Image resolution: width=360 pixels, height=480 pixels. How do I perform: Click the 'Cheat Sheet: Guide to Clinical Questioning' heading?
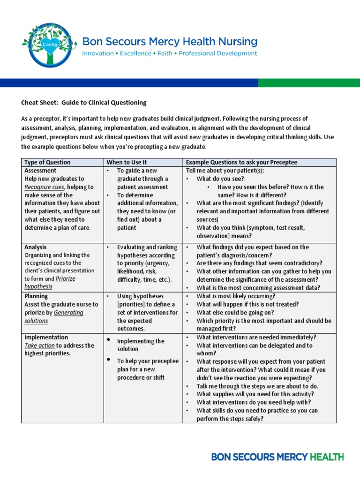[x=84, y=103]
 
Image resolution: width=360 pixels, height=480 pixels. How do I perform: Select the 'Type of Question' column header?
[x=47, y=162]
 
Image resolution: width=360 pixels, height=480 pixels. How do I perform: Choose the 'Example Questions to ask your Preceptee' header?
[x=242, y=162]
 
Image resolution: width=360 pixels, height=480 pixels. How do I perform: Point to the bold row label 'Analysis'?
[x=35, y=247]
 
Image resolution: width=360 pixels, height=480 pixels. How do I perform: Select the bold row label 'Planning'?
[x=36, y=296]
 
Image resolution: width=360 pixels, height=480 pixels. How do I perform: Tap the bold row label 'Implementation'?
[x=46, y=337]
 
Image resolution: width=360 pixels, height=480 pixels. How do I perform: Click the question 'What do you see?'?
[x=220, y=179]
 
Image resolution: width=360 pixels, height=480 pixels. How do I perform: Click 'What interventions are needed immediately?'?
[x=256, y=337]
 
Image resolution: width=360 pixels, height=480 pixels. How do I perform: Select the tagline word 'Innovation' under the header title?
[x=98, y=53]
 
